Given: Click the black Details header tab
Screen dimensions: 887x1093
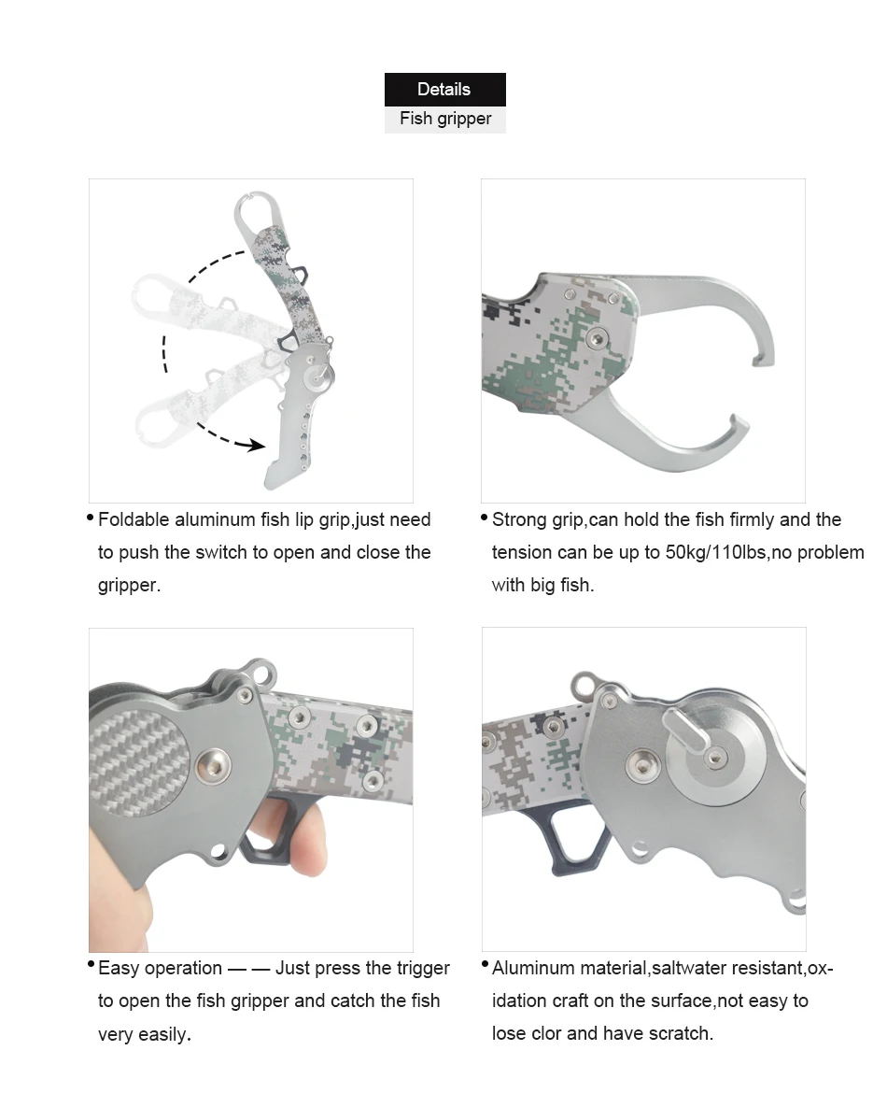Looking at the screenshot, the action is click(x=444, y=90).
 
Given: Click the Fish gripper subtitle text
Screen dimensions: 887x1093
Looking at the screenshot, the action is click(x=445, y=119).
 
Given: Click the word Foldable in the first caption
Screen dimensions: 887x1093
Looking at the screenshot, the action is click(x=134, y=519).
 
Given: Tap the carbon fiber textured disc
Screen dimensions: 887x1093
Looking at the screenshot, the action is click(x=139, y=761).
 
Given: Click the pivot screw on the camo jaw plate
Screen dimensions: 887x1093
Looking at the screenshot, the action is click(x=596, y=339).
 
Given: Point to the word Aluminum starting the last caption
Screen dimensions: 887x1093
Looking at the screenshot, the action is click(x=533, y=968).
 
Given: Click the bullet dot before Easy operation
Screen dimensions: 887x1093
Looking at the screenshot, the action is click(x=91, y=964).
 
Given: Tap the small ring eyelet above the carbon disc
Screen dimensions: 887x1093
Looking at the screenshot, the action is click(x=262, y=674).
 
